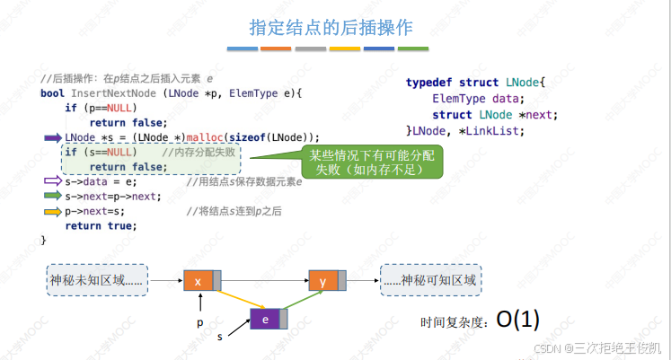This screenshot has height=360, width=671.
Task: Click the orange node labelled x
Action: [198, 281]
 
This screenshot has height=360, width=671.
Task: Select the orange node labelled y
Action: [322, 281]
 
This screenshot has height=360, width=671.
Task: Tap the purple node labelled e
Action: [265, 319]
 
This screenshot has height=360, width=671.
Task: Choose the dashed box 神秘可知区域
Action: [430, 281]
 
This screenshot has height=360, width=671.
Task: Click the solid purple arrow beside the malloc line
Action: [52, 137]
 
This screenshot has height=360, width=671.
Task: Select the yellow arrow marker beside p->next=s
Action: [52, 212]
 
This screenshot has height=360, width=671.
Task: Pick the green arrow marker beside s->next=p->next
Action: [52, 197]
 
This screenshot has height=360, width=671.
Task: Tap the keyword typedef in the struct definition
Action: [431, 83]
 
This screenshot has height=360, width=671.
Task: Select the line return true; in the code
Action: [95, 225]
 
